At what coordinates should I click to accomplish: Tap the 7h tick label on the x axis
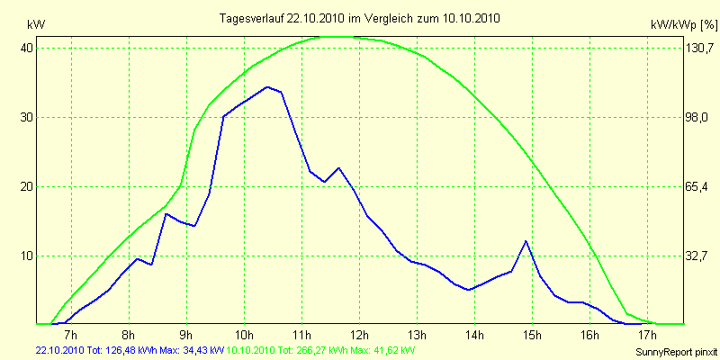point(71,336)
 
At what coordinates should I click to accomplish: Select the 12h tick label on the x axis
point(359,336)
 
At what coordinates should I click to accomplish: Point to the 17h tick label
point(647,336)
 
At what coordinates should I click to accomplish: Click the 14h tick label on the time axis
point(474,336)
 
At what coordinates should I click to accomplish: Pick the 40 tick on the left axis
point(26,48)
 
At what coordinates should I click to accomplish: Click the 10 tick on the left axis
point(26,256)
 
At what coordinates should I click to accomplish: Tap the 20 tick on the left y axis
point(26,186)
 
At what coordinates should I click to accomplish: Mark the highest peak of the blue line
point(267,87)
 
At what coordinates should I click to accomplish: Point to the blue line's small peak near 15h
point(526,241)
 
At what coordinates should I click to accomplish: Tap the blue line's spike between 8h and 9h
point(166,213)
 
